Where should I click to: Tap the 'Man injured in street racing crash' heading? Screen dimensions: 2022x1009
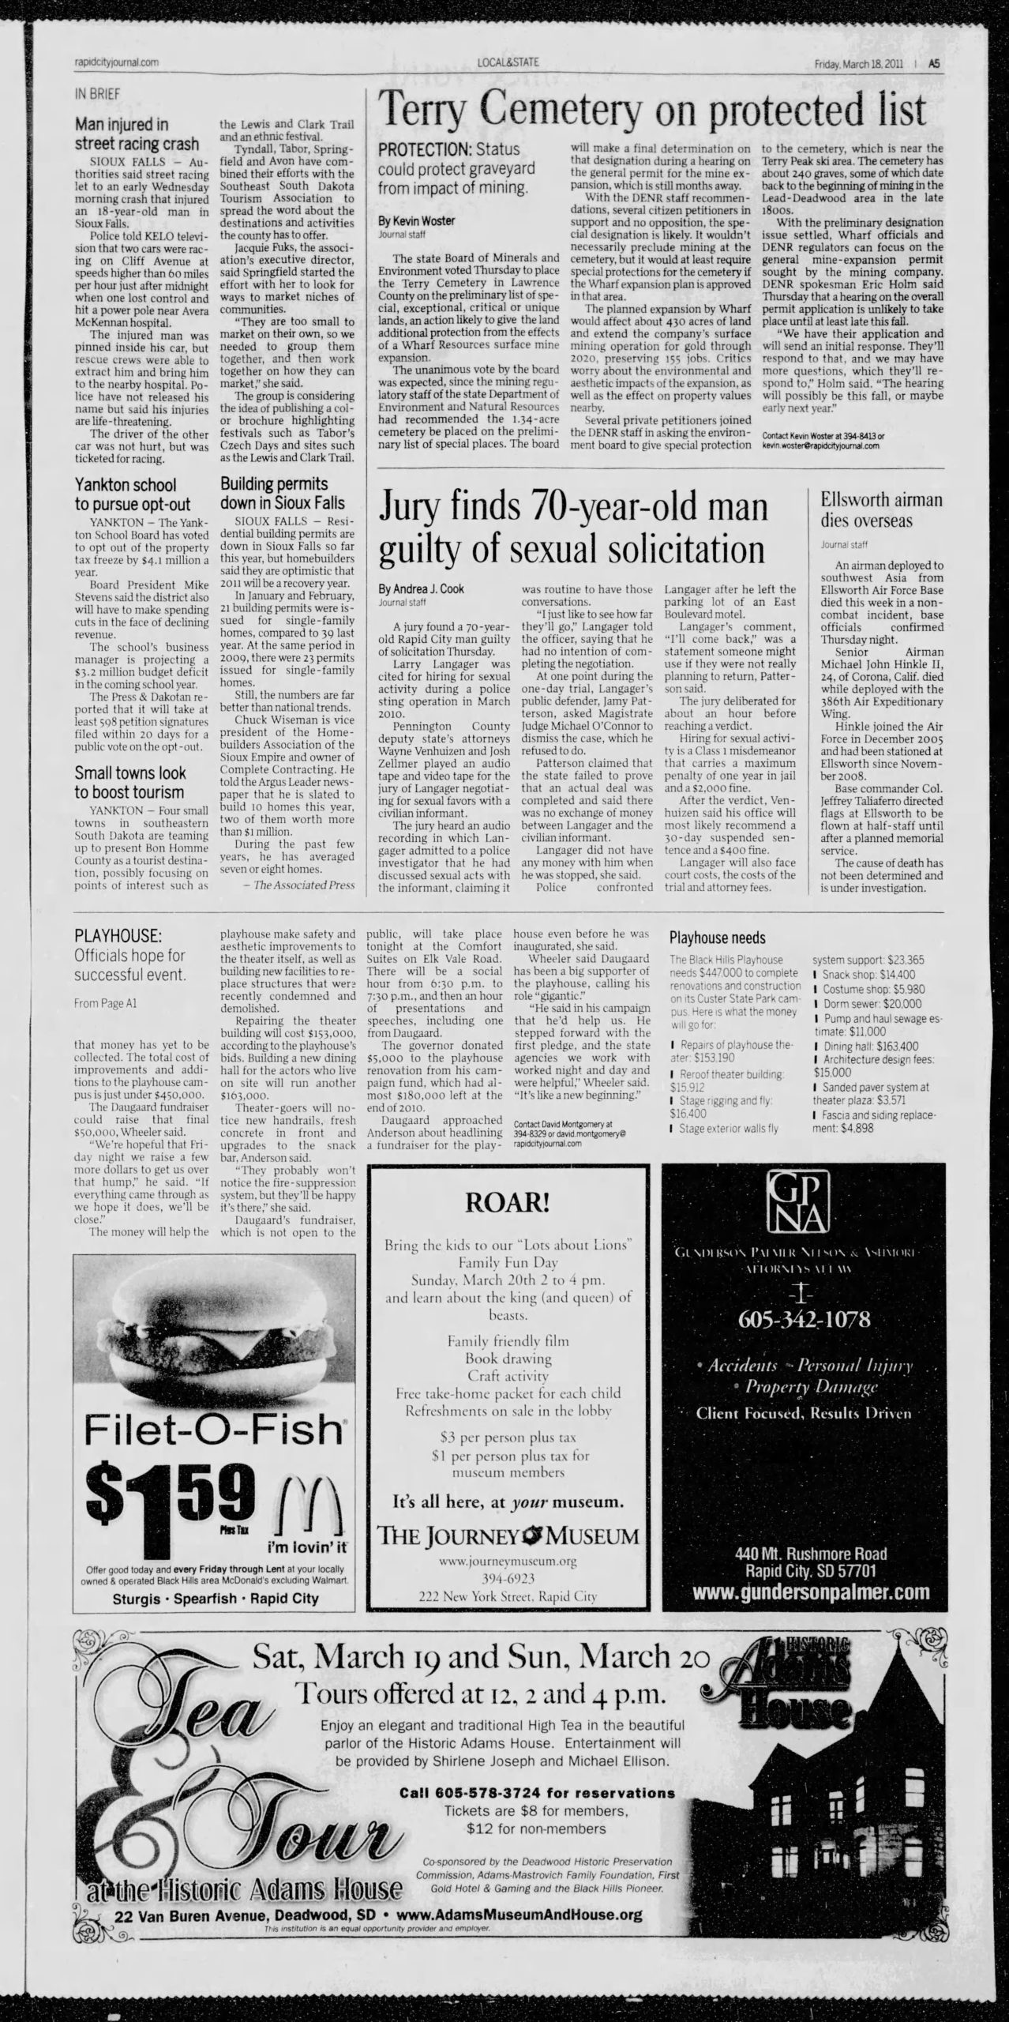137,133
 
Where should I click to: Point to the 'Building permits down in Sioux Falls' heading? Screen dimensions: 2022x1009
282,493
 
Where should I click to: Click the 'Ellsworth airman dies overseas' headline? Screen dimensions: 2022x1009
881,509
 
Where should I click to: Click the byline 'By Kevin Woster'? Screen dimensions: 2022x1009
417,220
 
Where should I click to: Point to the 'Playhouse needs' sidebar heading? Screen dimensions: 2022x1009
717,938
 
